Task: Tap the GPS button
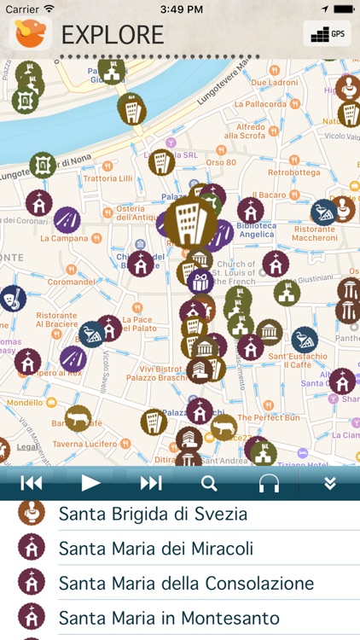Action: (x=327, y=34)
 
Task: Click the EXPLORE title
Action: (x=113, y=35)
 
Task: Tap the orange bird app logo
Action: (x=31, y=33)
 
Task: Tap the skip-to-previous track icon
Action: (x=32, y=483)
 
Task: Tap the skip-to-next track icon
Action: (x=151, y=483)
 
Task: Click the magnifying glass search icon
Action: (x=209, y=483)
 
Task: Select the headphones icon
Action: (x=270, y=483)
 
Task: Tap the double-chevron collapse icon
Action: (x=330, y=483)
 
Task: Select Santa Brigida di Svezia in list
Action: (x=153, y=514)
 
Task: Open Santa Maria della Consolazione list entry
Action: (x=186, y=584)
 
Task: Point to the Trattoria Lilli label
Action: (x=107, y=178)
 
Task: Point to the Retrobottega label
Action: (x=293, y=172)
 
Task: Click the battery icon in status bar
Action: (x=343, y=9)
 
